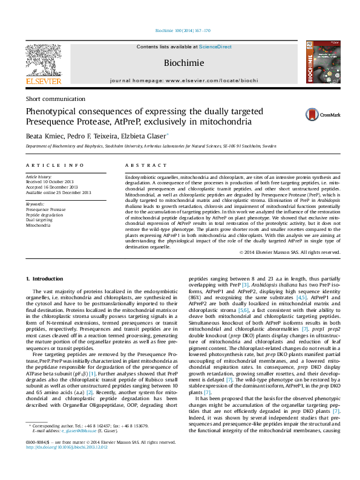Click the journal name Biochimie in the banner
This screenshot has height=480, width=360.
pyautogui.click(x=180, y=62)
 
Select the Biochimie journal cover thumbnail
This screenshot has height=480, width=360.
pyautogui.click(x=318, y=62)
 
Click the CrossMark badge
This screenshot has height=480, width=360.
pyautogui.click(x=322, y=114)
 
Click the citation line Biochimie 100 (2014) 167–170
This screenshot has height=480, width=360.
pyautogui.click(x=180, y=30)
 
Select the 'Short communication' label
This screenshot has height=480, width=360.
pyautogui.click(x=55, y=99)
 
